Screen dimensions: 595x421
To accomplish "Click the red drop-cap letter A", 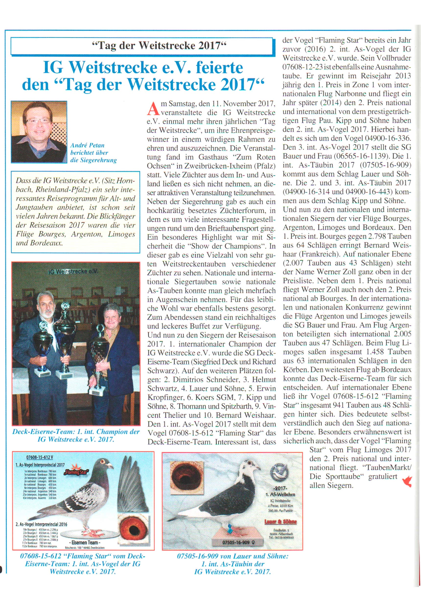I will tap(153, 109).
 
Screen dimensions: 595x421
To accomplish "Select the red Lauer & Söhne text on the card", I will tap(281, 521).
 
